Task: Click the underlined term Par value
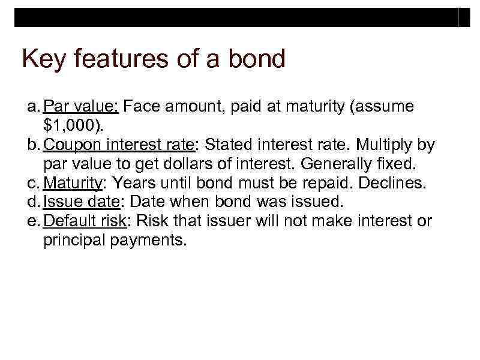click(82, 107)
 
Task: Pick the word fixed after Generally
click(393, 164)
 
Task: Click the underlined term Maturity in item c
click(72, 184)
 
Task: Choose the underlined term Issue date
click(81, 202)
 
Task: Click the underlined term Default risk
click(85, 221)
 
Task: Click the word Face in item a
click(142, 107)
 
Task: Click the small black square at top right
click(464, 17)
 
